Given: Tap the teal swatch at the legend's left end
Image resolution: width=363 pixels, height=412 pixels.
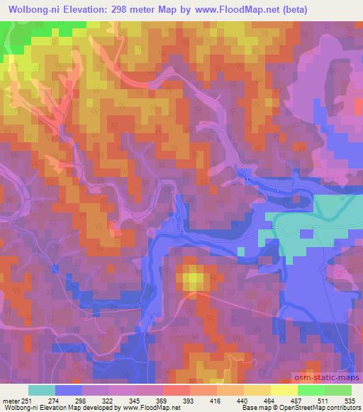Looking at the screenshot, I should [42, 390].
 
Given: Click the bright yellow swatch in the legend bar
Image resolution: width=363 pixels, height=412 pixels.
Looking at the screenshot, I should [283, 390].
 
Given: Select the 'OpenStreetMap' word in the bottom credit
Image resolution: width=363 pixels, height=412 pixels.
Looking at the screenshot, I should [301, 408].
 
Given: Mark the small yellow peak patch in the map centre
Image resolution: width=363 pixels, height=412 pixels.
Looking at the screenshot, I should [193, 278].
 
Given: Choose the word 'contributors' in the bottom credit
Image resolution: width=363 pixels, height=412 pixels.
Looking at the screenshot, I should [343, 408].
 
